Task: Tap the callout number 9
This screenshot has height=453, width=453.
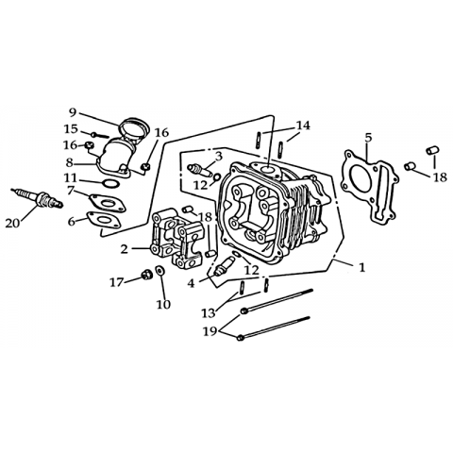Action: click(x=73, y=112)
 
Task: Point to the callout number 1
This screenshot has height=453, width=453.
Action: click(x=362, y=267)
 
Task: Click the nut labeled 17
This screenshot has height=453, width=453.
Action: click(x=145, y=275)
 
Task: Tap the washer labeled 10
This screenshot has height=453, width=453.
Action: click(x=160, y=271)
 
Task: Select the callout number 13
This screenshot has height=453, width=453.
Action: click(x=209, y=313)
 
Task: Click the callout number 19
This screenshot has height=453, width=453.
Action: click(x=210, y=331)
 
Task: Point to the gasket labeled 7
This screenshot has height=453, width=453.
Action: click(x=108, y=203)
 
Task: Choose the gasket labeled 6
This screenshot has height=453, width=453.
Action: click(x=104, y=220)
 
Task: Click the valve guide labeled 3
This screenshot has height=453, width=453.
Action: click(x=199, y=171)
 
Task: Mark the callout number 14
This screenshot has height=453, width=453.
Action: click(x=303, y=126)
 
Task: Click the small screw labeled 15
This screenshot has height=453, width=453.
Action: click(x=100, y=136)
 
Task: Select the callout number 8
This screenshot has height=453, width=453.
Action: click(x=69, y=163)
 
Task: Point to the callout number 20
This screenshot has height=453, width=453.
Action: click(x=12, y=223)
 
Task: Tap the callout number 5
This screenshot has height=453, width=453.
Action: click(x=368, y=138)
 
